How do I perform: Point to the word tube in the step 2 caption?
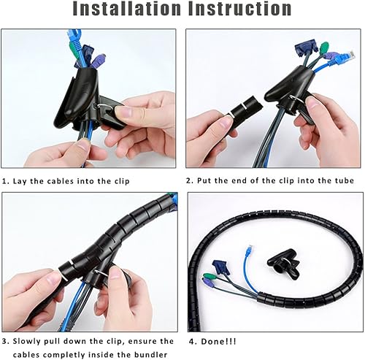point(342,180)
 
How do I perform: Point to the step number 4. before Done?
point(192,341)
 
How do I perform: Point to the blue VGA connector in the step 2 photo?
point(300,48)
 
